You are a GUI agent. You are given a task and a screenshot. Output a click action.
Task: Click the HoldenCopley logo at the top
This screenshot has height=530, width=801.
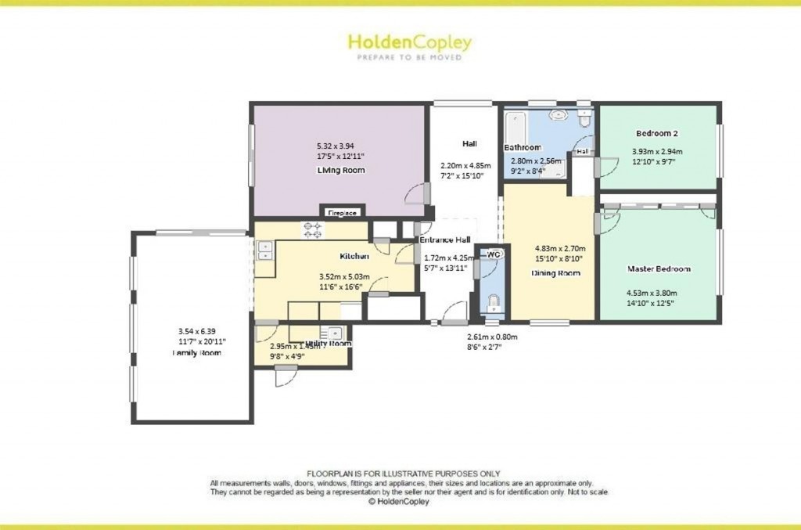point(409,43)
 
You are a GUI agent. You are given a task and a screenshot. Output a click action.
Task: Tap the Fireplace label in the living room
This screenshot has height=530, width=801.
point(342,212)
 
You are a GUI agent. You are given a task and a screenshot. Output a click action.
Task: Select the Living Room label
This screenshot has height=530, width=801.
point(340,170)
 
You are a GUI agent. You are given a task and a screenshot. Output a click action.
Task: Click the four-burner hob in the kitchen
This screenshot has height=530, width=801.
point(314,229)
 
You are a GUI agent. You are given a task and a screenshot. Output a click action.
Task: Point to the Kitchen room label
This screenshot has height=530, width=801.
point(354,257)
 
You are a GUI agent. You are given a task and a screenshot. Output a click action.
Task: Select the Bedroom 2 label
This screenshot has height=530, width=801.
point(656,133)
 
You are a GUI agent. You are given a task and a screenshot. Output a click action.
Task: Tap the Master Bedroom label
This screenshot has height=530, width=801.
point(659,269)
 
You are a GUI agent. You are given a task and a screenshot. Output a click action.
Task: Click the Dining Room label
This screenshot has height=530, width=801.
point(555,273)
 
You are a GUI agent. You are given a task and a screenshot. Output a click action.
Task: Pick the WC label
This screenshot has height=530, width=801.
point(494,254)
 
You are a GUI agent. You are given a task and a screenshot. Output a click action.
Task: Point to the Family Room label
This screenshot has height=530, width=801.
point(197,353)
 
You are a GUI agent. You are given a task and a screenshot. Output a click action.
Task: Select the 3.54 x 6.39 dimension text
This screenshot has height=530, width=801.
point(196,331)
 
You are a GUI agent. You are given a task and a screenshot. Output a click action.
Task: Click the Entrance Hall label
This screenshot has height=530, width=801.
point(445,240)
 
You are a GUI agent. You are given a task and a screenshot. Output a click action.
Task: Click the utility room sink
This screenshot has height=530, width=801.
point(334,332)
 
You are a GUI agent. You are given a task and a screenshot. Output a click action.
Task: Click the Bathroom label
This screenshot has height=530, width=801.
point(522,147)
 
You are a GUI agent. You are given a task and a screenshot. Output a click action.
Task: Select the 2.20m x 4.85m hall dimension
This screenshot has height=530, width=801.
point(465,165)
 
